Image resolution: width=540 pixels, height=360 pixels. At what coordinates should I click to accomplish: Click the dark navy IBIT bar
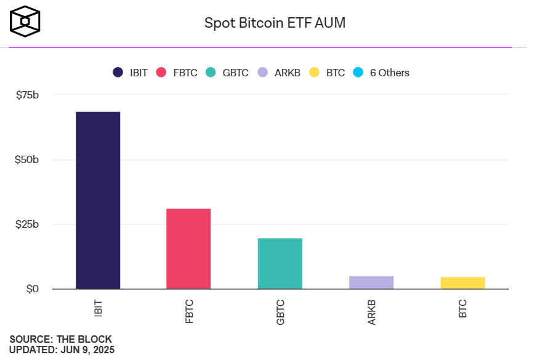tap(98, 200)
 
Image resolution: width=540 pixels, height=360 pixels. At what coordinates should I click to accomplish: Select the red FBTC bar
tap(188, 249)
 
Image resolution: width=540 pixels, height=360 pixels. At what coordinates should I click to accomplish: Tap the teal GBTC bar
tap(280, 263)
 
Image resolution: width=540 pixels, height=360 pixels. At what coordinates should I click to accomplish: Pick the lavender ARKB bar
tap(371, 282)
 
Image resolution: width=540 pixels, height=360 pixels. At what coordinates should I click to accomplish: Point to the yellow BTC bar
tap(462, 283)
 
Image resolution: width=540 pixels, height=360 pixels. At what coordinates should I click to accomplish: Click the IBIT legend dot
tap(118, 73)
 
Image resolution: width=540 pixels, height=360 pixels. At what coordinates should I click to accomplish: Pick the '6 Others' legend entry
tap(382, 73)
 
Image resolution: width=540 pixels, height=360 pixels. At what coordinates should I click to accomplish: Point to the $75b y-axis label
tap(27, 95)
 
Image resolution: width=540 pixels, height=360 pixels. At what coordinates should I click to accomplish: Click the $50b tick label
tap(27, 160)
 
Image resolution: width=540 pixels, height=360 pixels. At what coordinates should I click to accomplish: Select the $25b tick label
tap(27, 225)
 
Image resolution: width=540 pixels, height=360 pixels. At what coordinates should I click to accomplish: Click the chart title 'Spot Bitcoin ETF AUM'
tap(275, 23)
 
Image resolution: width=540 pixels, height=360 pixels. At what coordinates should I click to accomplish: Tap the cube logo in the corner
tap(25, 22)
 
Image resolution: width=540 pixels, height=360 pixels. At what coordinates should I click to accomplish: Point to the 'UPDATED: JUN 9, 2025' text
tap(62, 350)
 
